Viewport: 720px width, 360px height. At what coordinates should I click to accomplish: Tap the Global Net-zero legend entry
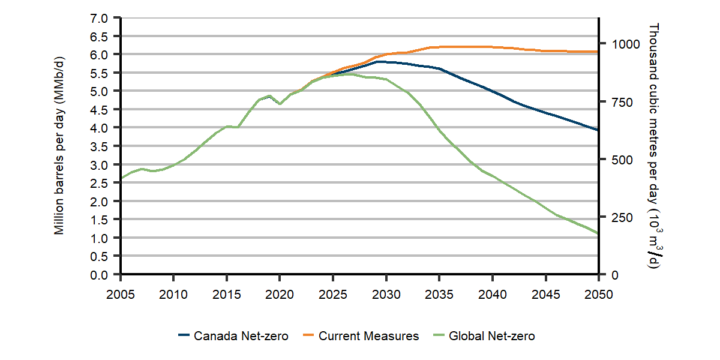click(x=483, y=336)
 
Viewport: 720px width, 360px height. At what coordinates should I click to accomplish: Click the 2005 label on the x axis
click(x=121, y=294)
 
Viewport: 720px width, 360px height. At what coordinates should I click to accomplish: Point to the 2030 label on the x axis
click(x=386, y=294)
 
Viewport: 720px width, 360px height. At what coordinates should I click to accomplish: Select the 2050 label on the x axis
click(x=598, y=294)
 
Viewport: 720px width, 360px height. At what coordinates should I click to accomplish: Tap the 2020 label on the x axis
click(x=280, y=294)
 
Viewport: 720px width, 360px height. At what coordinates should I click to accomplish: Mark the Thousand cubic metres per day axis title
click(x=654, y=146)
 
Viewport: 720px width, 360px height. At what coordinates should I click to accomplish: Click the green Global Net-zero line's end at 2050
click(x=598, y=233)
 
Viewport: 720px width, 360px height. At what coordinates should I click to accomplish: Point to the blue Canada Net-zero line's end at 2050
click(x=598, y=130)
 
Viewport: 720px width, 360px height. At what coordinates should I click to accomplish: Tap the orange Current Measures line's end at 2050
click(x=598, y=52)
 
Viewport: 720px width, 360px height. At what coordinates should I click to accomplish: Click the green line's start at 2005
click(x=121, y=178)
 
